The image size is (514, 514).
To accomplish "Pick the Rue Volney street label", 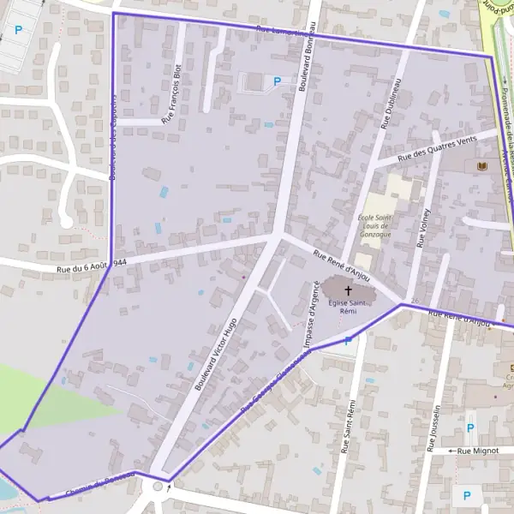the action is coord(424,225).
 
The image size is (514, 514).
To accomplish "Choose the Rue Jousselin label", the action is coord(434,428).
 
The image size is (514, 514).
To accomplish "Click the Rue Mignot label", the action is coord(477,450).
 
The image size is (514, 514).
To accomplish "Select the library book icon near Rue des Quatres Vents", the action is coord(480,164).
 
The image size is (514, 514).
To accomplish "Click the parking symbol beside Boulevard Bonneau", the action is coord(276,81).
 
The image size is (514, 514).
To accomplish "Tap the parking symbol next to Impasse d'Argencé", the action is coord(348,341).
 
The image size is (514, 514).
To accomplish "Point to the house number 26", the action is coord(415,301).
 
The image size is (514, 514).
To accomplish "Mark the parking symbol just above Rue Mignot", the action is coord(469,428).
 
